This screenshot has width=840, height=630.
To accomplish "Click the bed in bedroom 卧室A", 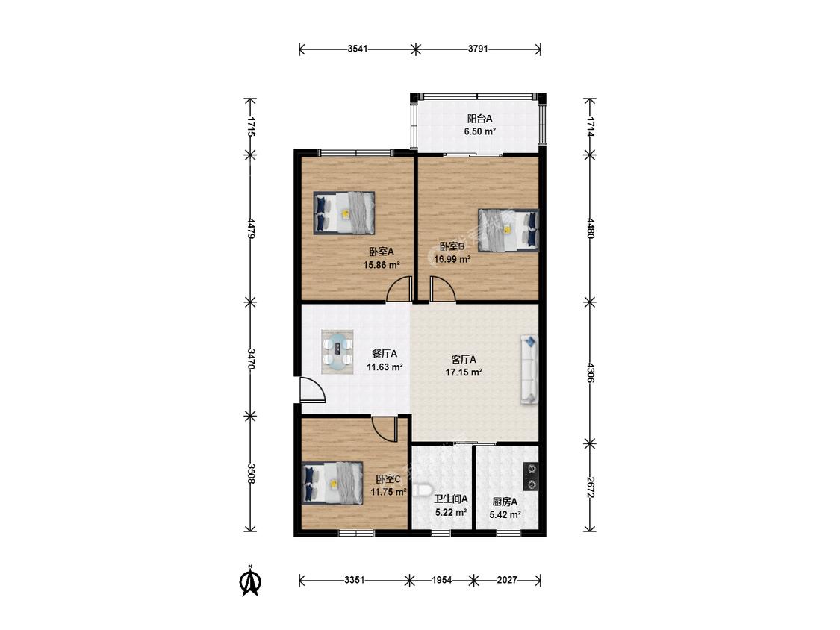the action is tap(343, 213).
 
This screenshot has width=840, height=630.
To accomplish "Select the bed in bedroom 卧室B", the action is tap(508, 230).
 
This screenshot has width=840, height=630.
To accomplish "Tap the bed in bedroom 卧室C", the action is tap(333, 483).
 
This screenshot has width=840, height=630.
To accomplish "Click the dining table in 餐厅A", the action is tap(337, 352).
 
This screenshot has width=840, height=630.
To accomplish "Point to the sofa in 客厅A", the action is tap(529, 369).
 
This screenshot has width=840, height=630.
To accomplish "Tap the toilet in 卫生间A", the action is tap(421, 490).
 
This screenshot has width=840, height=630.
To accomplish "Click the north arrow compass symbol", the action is tap(250, 581).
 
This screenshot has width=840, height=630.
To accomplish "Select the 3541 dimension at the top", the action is tap(358, 49).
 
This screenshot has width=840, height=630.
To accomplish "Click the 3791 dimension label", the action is tap(478, 49).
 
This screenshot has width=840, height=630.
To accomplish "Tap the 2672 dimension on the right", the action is tap(590, 487).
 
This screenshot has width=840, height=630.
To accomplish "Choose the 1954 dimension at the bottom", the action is tap(442, 580).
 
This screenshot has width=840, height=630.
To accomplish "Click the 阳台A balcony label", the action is tap(479, 119).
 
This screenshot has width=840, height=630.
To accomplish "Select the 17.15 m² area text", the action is tap(464, 372).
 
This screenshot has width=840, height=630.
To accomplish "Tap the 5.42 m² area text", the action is tap(505, 515).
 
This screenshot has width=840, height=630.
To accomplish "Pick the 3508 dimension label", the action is tap(250, 474).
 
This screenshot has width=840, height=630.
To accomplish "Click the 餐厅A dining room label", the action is tap(385, 354).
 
